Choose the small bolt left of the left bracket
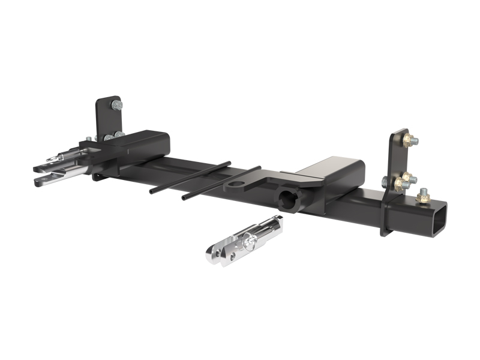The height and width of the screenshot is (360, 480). tap(88, 139)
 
